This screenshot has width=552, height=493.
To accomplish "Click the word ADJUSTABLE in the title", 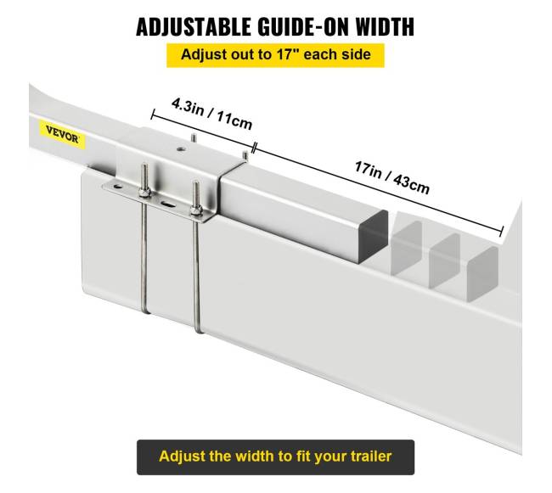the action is point(194,26).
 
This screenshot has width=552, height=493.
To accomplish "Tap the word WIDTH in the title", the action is point(385,26).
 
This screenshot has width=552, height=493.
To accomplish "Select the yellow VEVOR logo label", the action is point(62,134).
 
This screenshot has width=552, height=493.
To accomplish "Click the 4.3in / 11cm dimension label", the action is point(212,114).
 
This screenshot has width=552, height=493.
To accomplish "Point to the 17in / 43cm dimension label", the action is point(391,177).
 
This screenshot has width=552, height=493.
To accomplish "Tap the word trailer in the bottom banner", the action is point(371,457).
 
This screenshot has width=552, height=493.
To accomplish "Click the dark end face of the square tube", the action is point(373,236).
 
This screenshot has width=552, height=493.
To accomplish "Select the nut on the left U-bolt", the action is point(144,193).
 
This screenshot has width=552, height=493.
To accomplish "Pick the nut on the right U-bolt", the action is point(195,210).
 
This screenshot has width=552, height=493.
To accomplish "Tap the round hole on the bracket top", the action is point(181,149).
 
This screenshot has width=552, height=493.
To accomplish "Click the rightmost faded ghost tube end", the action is point(482,274).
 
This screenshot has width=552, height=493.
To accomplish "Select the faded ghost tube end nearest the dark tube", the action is point(407,247).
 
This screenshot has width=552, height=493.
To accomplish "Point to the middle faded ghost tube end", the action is point(444,261).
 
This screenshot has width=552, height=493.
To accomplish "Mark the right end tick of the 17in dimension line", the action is point(501,232).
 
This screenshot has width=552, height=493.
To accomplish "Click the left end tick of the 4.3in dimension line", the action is point(152,115).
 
